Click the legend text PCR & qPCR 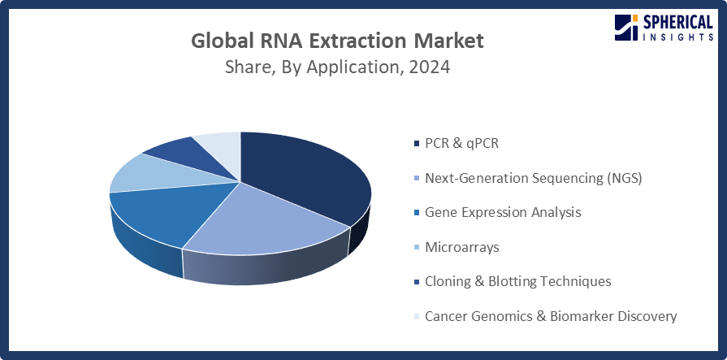coord(461,143)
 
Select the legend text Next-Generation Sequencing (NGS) coord(533,178)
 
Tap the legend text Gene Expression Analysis coord(503,212)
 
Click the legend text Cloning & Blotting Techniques coord(517,281)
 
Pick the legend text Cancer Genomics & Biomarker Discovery coord(550,315)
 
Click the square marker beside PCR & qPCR coord(417,144)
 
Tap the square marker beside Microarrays coord(417,247)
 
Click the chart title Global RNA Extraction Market coord(337,40)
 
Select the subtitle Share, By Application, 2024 coord(337,67)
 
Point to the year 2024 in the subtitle coord(429,67)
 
